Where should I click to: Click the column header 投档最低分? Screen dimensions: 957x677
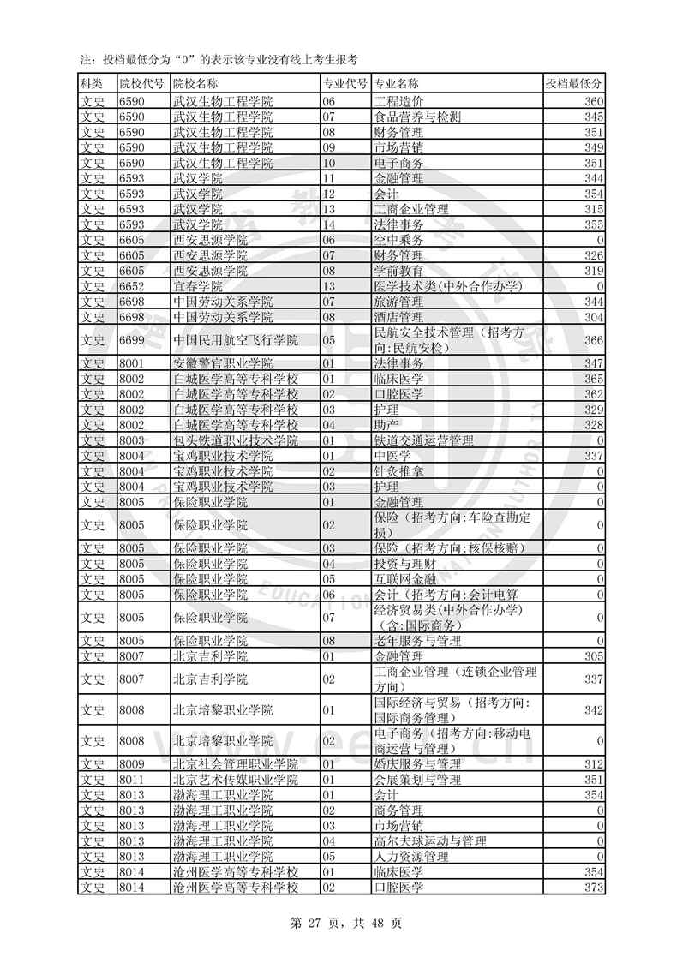[x=574, y=84]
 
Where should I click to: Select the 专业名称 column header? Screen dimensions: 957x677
[x=397, y=84]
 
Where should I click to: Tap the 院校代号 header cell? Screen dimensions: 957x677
[x=141, y=84]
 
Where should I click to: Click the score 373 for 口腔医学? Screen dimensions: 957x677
[x=594, y=888]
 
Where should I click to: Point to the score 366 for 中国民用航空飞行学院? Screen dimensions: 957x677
[x=594, y=340]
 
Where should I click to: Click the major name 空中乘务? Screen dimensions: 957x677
[x=399, y=240]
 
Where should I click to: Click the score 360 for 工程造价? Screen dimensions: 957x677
[x=594, y=102]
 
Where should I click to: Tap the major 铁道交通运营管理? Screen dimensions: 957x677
[x=423, y=440]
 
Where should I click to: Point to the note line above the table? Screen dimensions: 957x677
[x=218, y=59]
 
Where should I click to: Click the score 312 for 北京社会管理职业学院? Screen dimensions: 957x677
[x=594, y=764]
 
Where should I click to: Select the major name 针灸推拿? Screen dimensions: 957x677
[x=399, y=471]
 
